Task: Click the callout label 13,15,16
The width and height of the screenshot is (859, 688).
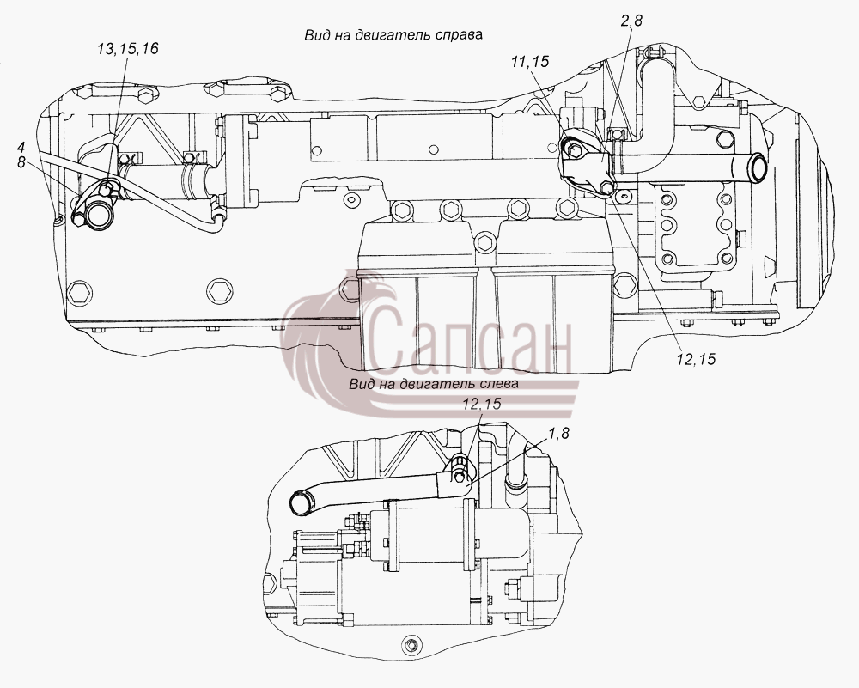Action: tap(128, 49)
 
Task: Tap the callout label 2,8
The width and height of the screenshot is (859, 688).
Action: tap(631, 21)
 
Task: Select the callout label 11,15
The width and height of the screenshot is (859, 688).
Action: tap(529, 62)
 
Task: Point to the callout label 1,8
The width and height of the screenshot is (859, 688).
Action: tap(558, 433)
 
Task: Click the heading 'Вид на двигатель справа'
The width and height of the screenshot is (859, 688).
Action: tap(393, 34)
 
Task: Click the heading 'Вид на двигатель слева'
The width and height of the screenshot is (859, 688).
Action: tap(433, 383)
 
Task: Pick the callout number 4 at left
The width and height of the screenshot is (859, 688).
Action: tap(21, 147)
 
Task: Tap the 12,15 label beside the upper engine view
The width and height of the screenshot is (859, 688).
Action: tap(696, 359)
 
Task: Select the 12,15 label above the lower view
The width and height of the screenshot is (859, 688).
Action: tap(482, 404)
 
